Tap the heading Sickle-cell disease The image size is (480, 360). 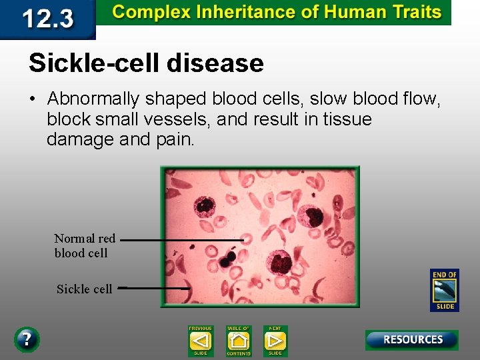(146, 63)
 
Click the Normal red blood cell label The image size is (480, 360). (85, 245)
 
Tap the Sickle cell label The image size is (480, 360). (84, 289)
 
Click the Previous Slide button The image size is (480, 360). (200, 341)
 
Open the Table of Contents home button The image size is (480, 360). (238, 341)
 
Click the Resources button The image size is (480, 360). (411, 340)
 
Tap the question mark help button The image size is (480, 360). (26, 339)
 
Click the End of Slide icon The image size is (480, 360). (444, 290)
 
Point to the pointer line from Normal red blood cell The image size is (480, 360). (181, 239)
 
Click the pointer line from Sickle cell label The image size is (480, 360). (153, 289)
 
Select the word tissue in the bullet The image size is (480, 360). (347, 120)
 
